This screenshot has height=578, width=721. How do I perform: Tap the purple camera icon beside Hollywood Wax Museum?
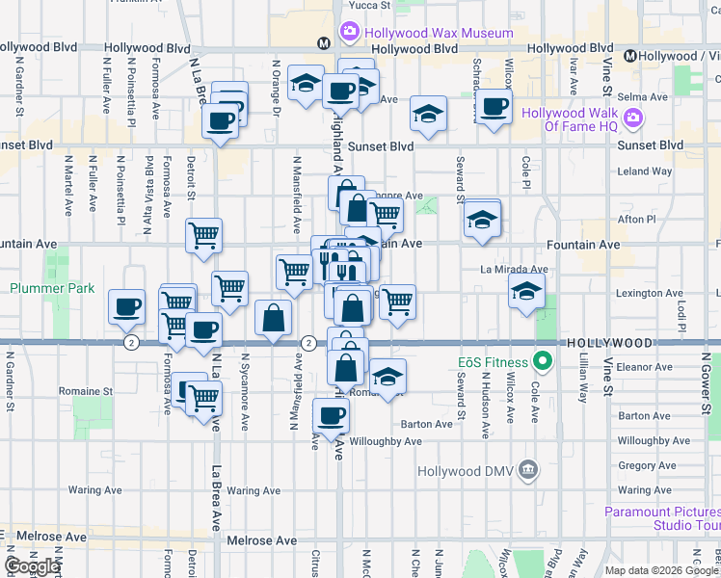pyautogui.click(x=348, y=33)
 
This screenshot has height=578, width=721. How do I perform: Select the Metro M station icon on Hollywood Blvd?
pyautogui.click(x=325, y=43)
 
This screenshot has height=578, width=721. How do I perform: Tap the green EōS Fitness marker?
pyautogui.click(x=542, y=362)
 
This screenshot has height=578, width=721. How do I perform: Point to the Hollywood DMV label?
pyautogui.click(x=467, y=471)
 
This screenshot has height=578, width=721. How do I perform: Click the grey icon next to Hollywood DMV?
pyautogui.click(x=527, y=470)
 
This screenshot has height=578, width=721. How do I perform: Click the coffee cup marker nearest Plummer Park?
pyautogui.click(x=127, y=308)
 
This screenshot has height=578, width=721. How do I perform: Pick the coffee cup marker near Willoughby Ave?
pyautogui.click(x=331, y=416)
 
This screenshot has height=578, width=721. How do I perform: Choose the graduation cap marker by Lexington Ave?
pyautogui.click(x=526, y=293)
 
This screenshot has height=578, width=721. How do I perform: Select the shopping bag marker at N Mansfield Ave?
pyautogui.click(x=274, y=319)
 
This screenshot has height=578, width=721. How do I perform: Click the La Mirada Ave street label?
pyautogui.click(x=515, y=271)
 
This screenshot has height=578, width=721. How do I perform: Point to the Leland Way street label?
pyautogui.click(x=645, y=171)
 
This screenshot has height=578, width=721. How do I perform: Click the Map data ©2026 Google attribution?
pyautogui.click(x=662, y=570)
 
